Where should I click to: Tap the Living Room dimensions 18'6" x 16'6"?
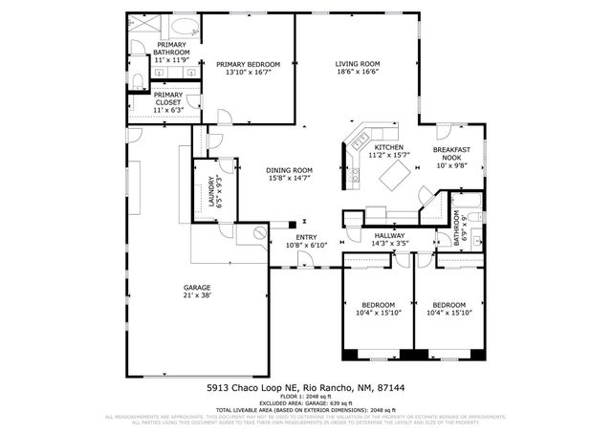click(x=358, y=73)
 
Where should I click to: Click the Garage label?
click(x=197, y=288)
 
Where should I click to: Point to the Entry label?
click(x=306, y=237)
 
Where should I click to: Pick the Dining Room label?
click(x=289, y=170)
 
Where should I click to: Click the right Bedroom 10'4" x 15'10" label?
click(x=448, y=305)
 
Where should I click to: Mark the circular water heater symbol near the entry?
click(x=258, y=233)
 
